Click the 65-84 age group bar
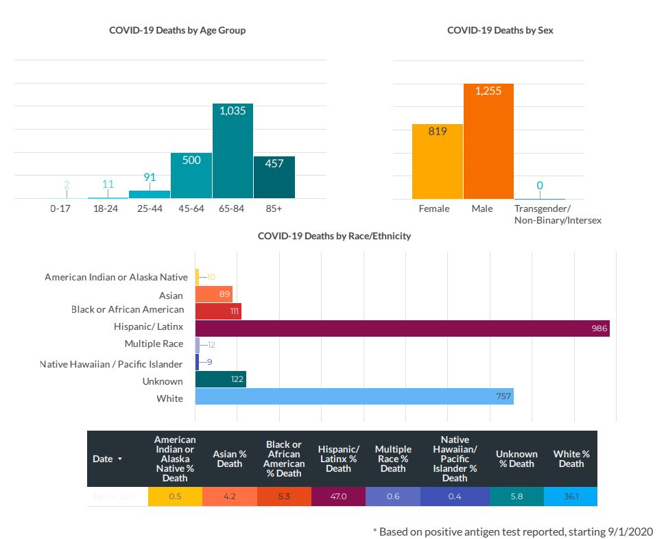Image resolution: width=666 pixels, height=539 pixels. pos(233,152)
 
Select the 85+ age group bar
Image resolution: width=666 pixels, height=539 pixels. pos(274,178)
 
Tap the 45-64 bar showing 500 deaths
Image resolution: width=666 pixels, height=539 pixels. pos(191,176)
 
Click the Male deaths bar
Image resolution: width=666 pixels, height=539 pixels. pos(488,141)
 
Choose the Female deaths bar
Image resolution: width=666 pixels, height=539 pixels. pos(437,161)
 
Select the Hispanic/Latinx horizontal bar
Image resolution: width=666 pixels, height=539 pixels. pos(402,328)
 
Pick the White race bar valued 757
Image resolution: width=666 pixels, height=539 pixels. pos(354,396)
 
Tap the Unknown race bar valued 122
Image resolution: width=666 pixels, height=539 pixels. pos(220,379)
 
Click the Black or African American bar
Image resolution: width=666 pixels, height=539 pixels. pos(218,311)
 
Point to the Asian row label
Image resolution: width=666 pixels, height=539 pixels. pos(171,296)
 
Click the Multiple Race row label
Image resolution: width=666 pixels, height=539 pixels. pos(154,344)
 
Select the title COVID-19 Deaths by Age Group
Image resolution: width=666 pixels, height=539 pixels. pos(177,30)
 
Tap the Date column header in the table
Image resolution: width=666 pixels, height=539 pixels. pos(108,459)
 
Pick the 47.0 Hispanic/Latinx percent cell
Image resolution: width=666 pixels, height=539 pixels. pos(338,496)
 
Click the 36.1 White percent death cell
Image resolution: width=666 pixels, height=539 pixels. pos(571,496)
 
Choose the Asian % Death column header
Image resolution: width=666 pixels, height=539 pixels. pos(229,459)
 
